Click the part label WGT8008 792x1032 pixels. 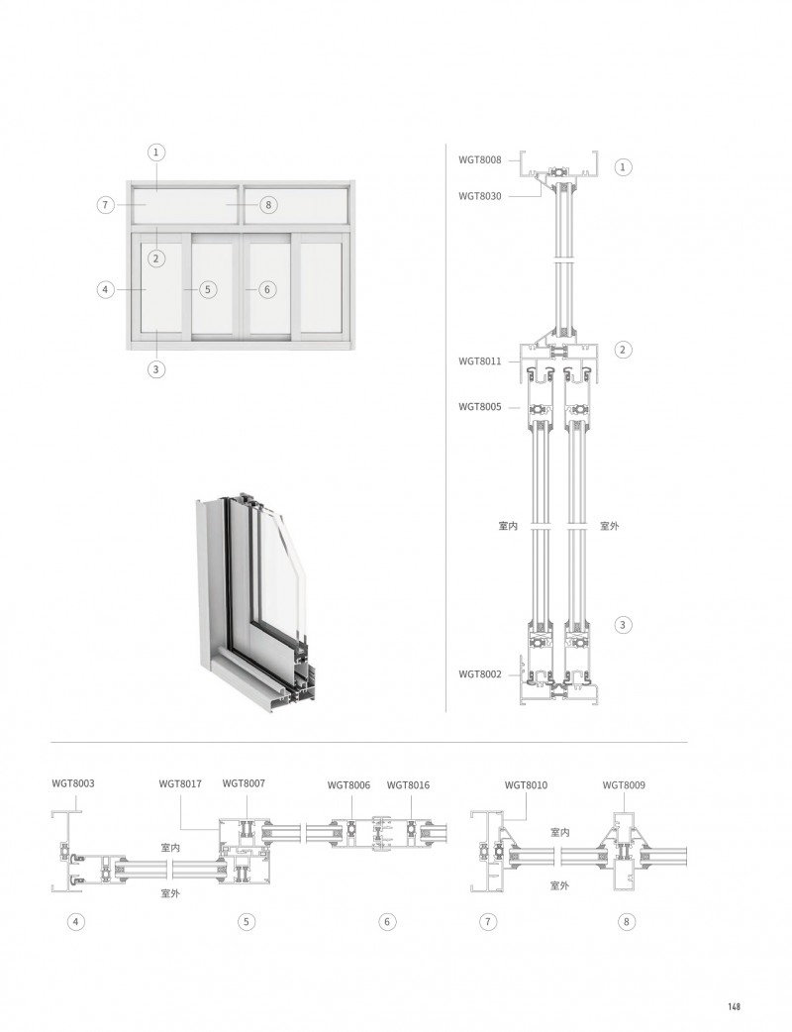coord(479,159)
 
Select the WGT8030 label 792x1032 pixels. coord(479,196)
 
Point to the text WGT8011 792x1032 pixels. coord(479,361)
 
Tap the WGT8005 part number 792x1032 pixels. coord(479,407)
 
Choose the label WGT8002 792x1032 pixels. coord(479,673)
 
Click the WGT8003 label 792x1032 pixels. coord(72,783)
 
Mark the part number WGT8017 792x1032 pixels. coord(180,783)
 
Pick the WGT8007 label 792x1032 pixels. coord(244,783)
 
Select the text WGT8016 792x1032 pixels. coord(408,784)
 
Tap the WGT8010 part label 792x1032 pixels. coord(526,784)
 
